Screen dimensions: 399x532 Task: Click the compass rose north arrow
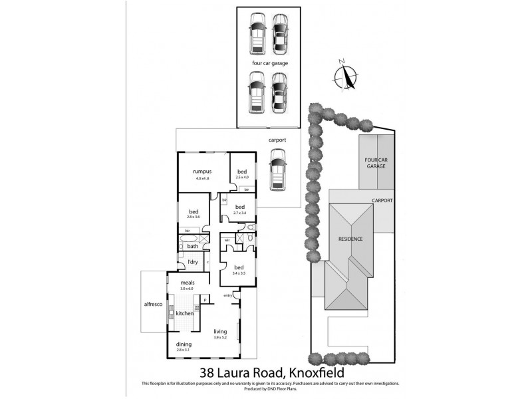pos(346,74)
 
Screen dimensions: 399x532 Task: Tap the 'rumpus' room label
pos(201,171)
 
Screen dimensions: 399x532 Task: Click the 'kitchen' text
pos(184,313)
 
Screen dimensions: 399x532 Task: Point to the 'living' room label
pos(220,332)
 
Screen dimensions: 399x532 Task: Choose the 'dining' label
pos(184,344)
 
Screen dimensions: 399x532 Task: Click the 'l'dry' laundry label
pos(193,262)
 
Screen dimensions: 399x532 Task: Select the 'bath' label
pos(192,246)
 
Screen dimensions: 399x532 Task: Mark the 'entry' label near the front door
pos(228,295)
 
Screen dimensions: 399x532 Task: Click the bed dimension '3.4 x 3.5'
pos(239,273)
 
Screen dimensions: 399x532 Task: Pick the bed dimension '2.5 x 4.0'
pos(241,177)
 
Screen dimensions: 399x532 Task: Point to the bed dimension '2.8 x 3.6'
pos(193,217)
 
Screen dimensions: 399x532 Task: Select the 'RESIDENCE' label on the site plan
pos(350,239)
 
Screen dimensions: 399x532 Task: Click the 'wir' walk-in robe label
pos(227,240)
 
